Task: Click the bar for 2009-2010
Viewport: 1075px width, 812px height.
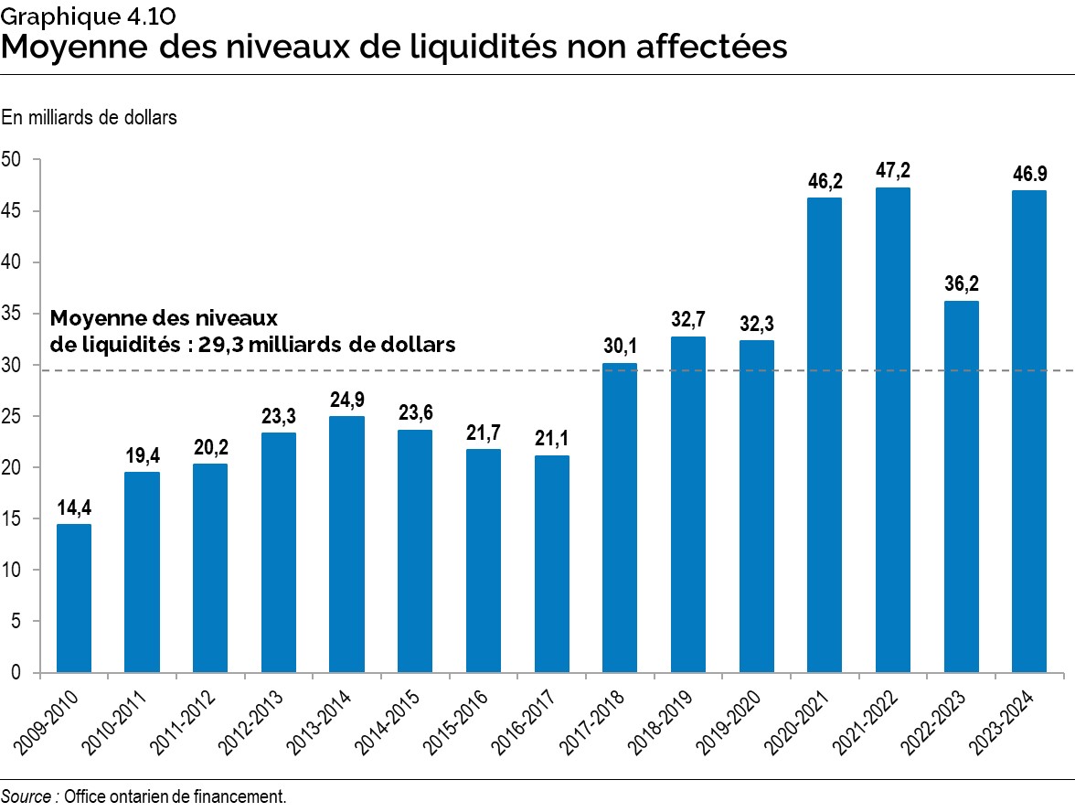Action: pyautogui.click(x=73, y=598)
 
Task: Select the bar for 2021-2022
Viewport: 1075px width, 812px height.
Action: pyautogui.click(x=893, y=430)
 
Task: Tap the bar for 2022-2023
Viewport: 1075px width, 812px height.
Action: pyautogui.click(x=961, y=486)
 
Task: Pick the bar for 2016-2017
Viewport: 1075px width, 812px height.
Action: pyautogui.click(x=551, y=563)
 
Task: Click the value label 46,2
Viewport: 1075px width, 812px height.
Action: pyautogui.click(x=825, y=180)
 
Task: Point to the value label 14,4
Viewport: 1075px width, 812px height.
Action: pyautogui.click(x=73, y=507)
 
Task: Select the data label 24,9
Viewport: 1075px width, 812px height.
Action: pyautogui.click(x=346, y=400)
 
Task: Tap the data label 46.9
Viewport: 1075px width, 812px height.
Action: pyautogui.click(x=1029, y=173)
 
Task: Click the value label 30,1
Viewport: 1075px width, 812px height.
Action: pyautogui.click(x=620, y=346)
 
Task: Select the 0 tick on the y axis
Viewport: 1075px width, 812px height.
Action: pyautogui.click(x=16, y=672)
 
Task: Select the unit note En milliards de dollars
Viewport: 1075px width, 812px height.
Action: pyautogui.click(x=89, y=117)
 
